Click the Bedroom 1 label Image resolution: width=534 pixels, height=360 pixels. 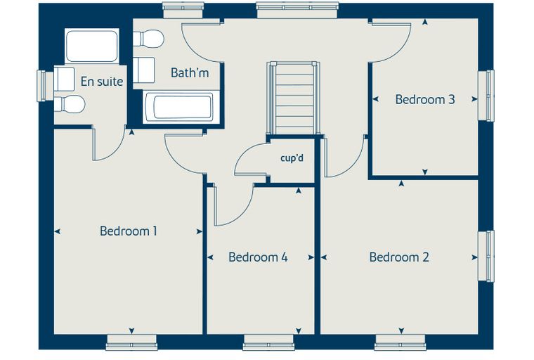[129, 231]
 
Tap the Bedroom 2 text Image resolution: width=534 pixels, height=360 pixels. [399, 257]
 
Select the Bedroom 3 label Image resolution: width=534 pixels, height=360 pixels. [425, 100]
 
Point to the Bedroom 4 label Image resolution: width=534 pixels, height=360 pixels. [258, 257]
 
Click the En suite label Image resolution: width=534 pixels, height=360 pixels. [102, 82]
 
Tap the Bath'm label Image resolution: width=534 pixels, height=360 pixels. [190, 72]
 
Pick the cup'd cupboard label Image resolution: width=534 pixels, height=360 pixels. [292, 158]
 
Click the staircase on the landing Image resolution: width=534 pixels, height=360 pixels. [293, 98]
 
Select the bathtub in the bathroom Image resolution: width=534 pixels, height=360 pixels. [179, 107]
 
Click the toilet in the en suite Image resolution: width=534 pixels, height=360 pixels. [69, 104]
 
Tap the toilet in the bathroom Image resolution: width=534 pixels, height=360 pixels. [148, 39]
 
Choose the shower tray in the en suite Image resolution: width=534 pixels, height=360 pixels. [91, 46]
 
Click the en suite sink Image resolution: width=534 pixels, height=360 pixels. [64, 79]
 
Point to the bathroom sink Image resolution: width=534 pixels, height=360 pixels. [144, 70]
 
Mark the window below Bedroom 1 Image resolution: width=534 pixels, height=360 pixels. [132, 342]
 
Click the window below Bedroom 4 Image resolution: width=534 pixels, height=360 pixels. [268, 342]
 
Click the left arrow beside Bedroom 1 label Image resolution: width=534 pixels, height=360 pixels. [58, 231]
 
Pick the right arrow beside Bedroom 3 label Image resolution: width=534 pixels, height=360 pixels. [474, 99]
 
